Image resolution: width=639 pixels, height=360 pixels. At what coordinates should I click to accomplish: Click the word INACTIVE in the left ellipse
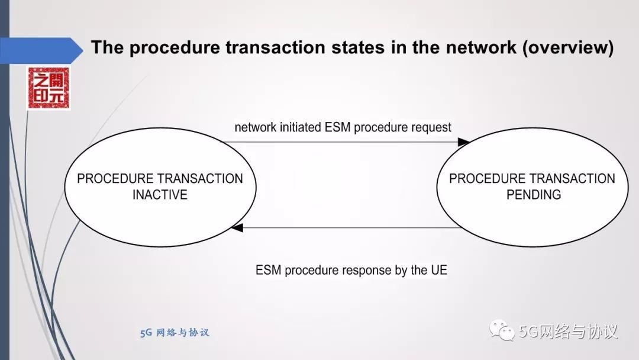coord(160,194)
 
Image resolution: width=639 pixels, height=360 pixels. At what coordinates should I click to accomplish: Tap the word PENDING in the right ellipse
coord(533,194)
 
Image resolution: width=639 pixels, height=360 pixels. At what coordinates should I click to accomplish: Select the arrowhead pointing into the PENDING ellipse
coord(464,142)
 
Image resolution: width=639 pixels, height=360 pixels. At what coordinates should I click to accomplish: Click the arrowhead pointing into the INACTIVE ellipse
coord(237,227)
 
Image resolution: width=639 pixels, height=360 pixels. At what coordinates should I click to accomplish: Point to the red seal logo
coord(48,88)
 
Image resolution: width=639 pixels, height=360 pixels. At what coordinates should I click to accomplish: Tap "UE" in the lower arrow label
coord(438,271)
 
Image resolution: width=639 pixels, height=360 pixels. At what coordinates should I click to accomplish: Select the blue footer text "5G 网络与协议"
coord(175,333)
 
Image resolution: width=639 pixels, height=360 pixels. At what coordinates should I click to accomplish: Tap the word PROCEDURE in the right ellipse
coord(487,179)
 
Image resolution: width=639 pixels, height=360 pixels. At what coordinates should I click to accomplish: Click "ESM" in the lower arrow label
coord(269,271)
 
